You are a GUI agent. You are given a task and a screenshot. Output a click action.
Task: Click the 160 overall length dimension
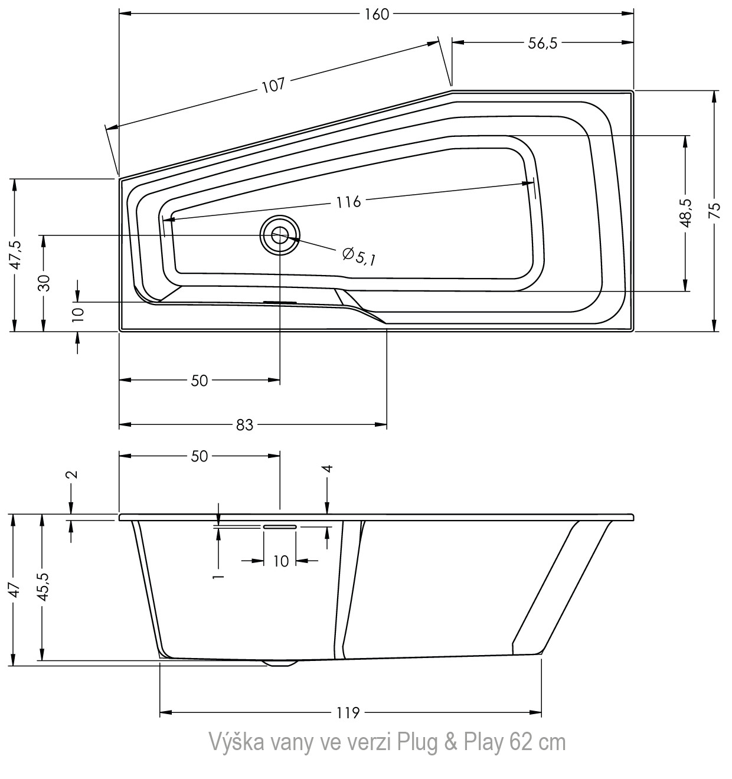pos(377,15)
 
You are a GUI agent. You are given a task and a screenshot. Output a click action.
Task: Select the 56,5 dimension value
pos(543,43)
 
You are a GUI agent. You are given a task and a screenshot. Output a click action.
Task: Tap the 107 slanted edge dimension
pos(273,85)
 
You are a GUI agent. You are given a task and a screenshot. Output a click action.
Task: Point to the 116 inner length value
pos(348,202)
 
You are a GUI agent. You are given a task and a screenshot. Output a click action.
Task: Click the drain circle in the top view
pos(279,235)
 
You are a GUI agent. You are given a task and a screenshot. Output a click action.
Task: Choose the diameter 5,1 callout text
pos(359,256)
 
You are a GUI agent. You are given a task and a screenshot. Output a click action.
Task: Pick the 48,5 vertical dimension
pos(687,214)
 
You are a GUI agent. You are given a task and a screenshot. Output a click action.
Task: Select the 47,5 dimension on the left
pos(16,255)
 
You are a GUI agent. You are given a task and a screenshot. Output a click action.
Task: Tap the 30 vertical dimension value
pos(45,283)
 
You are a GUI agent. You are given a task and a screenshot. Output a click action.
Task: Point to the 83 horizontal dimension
pos(244,425)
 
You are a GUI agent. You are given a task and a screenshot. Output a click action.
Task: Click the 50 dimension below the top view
pos(199,381)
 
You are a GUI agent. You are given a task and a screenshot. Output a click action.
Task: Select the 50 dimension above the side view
pos(199,456)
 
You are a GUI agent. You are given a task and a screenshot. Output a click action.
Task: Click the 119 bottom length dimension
pos(348,712)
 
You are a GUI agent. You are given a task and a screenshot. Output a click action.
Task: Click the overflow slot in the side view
pos(280,526)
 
